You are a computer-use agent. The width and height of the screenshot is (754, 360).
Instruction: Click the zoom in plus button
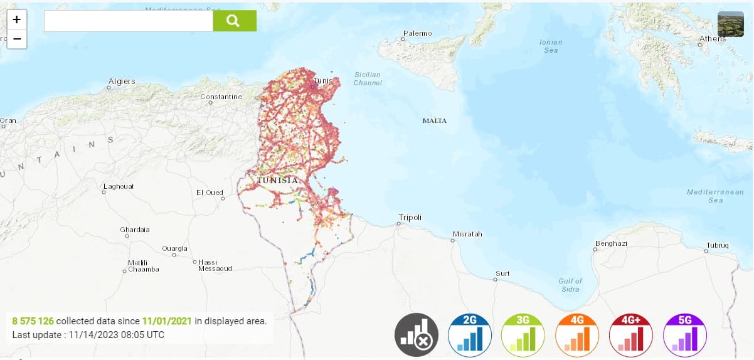pyautogui.click(x=17, y=19)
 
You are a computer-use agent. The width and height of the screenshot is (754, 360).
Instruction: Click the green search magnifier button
pyautogui.click(x=235, y=21)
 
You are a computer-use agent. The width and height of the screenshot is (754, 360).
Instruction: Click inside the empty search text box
pyautogui.click(x=129, y=21)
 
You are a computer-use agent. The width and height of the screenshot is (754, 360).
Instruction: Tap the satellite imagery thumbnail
pyautogui.click(x=730, y=24)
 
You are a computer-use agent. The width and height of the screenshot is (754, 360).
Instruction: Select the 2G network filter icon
pyautogui.click(x=470, y=335)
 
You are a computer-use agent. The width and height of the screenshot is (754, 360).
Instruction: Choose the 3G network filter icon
pyautogui.click(x=523, y=335)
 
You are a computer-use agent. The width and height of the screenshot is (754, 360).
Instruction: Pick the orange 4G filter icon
pyautogui.click(x=577, y=335)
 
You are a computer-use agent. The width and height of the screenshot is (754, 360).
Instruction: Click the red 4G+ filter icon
pyautogui.click(x=631, y=335)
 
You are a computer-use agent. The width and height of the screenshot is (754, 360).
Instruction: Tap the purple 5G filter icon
pyautogui.click(x=684, y=335)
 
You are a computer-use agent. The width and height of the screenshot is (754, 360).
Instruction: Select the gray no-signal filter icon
pyautogui.click(x=417, y=335)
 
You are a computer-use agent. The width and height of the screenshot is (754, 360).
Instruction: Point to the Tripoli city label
pyautogui.click(x=410, y=217)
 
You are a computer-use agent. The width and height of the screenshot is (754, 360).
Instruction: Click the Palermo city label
pyautogui.click(x=418, y=33)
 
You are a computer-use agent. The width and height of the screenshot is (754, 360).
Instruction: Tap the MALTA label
pyautogui.click(x=435, y=120)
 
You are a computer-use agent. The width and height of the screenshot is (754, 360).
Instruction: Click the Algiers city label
pyautogui.click(x=122, y=82)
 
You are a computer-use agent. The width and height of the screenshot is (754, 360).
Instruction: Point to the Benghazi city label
pyautogui.click(x=612, y=243)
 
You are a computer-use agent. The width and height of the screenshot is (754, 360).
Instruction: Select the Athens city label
pyautogui.click(x=713, y=38)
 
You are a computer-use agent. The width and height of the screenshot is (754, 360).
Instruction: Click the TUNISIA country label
pyautogui.click(x=277, y=180)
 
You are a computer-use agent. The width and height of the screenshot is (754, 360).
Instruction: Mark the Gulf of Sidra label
pyautogui.click(x=570, y=285)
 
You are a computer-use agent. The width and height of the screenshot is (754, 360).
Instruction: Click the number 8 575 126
pyautogui.click(x=33, y=321)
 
